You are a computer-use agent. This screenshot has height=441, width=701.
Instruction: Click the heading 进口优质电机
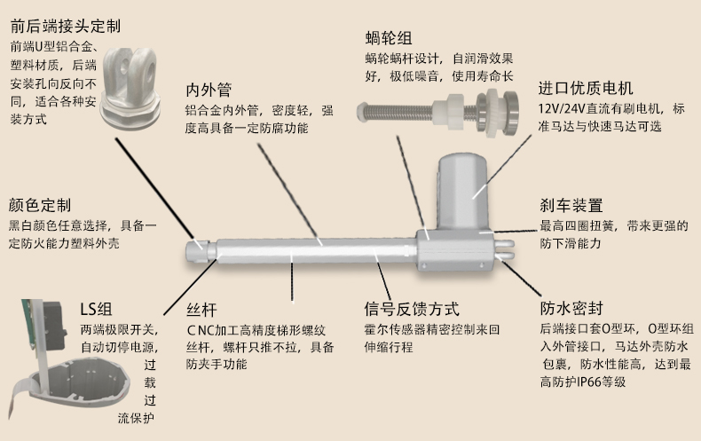586,89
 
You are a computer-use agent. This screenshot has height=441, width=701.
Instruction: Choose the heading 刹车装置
571,206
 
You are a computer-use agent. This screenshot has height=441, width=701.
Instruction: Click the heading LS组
96,310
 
